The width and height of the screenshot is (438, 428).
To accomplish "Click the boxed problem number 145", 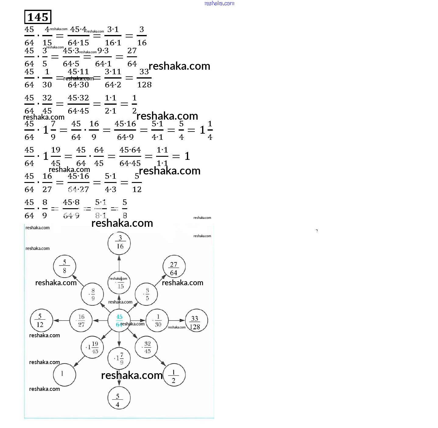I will (x=38, y=17).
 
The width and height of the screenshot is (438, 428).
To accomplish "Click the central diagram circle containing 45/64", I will (x=119, y=321).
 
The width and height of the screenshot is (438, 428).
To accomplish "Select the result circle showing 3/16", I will (x=119, y=243).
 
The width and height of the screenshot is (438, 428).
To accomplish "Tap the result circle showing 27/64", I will (x=174, y=266).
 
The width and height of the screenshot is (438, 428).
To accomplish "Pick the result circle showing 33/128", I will (x=196, y=321).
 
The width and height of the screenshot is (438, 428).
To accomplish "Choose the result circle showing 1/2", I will (x=174, y=375).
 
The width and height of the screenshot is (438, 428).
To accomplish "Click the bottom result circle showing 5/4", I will (x=119, y=398).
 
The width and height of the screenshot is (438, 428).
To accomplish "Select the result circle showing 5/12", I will (x=41, y=321).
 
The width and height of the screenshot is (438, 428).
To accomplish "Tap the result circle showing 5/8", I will (x=64, y=266).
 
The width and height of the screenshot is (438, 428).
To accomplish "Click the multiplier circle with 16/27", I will (x=81, y=321).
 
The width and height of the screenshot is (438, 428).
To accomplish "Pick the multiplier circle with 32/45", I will (x=146, y=347).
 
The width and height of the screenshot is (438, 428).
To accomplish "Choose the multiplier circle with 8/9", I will (x=92, y=294).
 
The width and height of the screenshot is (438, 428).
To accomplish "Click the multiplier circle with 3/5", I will (x=146, y=294).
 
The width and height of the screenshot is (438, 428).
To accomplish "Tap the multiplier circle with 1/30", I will (x=157, y=321).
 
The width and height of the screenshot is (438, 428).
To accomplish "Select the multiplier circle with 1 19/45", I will (x=92, y=347).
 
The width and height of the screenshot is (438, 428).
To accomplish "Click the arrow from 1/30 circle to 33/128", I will (x=177, y=321).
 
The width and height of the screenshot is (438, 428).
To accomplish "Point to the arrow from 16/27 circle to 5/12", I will (x=61, y=321).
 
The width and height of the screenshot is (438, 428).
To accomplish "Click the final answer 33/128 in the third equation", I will (x=144, y=78).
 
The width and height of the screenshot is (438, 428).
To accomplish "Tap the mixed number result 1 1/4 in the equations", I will (x=206, y=130).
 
